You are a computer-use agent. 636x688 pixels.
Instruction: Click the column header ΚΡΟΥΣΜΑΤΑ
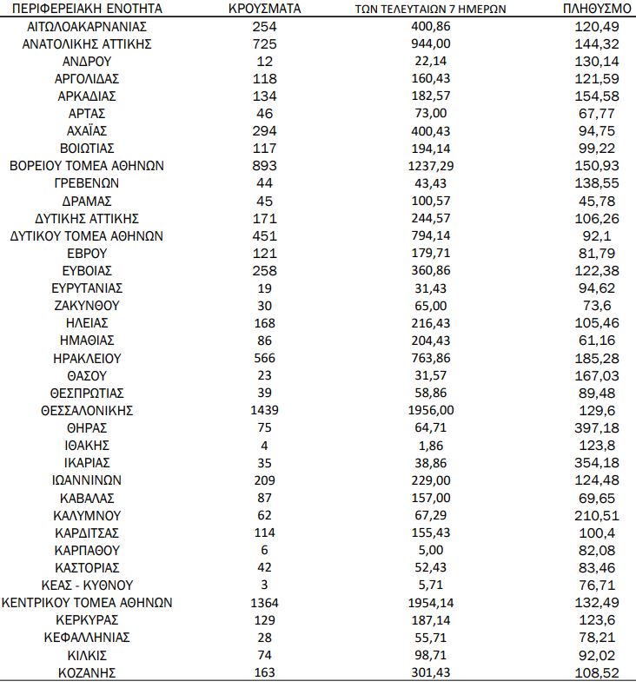point(264,9)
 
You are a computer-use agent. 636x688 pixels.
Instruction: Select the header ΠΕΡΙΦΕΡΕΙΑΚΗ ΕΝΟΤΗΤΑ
point(86,9)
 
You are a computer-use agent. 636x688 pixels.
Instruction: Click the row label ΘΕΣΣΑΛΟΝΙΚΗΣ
point(86,410)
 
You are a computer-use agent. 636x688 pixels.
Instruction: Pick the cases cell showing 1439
point(264,410)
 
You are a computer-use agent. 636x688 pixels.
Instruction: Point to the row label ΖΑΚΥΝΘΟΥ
point(86,305)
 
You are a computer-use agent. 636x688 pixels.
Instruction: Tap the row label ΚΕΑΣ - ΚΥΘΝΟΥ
point(86,585)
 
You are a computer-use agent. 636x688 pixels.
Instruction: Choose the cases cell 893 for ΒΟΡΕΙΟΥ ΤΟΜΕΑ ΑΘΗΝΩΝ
point(264,165)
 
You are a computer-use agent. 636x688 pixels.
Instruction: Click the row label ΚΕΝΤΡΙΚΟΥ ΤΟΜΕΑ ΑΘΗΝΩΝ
point(86,602)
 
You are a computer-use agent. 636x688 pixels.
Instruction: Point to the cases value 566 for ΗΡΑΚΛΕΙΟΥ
point(264,357)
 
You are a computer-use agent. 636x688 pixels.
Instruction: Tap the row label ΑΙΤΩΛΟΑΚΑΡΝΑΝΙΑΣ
point(86,26)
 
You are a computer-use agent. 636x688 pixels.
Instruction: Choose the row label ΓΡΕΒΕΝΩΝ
point(86,183)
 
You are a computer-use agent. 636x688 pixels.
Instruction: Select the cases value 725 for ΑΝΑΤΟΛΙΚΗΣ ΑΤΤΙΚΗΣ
point(264,43)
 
